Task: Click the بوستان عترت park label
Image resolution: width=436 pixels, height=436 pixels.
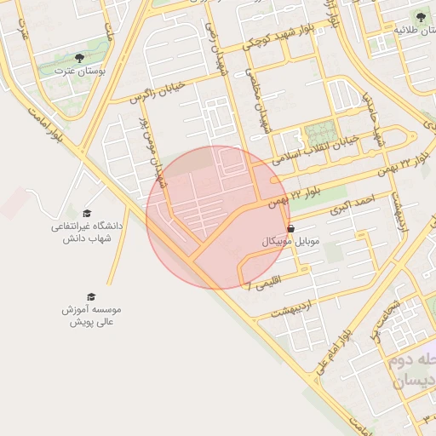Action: pyautogui.click(x=78, y=72)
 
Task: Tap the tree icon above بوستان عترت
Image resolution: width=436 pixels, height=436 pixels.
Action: pyautogui.click(x=79, y=58)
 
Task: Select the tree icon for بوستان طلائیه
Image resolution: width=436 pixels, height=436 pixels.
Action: pyautogui.click(x=418, y=16)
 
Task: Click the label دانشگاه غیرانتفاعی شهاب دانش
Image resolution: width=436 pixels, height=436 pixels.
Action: pyautogui.click(x=87, y=232)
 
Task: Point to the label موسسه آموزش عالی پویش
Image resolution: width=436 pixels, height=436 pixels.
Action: pyautogui.click(x=92, y=316)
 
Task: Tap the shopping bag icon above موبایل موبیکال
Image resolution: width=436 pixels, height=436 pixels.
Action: pyautogui.click(x=292, y=228)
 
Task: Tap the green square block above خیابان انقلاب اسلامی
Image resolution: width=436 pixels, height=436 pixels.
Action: pyautogui.click(x=320, y=133)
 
